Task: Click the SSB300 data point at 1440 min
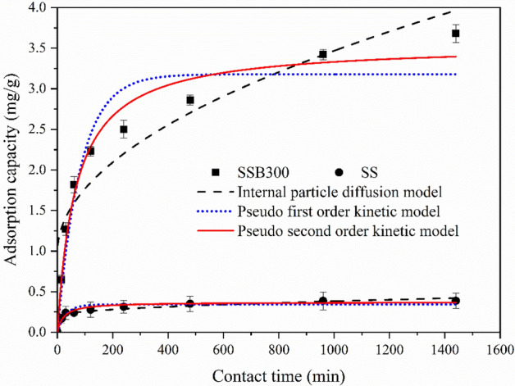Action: (456, 34)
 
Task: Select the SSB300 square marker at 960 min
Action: (323, 55)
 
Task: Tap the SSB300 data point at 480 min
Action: (189, 100)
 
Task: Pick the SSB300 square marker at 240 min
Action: (123, 129)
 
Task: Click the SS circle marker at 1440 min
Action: (456, 301)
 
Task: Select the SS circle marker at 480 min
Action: (189, 304)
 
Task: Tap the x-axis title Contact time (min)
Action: (277, 375)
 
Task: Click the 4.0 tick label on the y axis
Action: (37, 8)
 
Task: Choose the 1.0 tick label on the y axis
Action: (37, 252)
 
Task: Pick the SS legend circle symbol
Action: (340, 172)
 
